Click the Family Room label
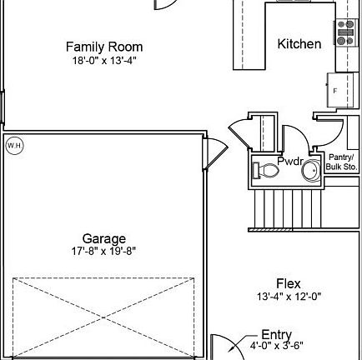click(104, 47)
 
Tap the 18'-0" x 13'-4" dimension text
click(104, 60)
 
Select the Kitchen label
click(299, 43)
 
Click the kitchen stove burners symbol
click(345, 32)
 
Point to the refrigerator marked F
click(337, 89)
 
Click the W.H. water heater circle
click(14, 146)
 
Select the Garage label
click(104, 239)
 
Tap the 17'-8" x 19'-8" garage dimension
click(104, 251)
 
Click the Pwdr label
click(290, 161)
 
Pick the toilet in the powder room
click(268, 171)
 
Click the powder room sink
click(309, 170)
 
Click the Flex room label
click(289, 284)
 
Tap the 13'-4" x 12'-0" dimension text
click(289, 297)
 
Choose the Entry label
click(276, 335)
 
